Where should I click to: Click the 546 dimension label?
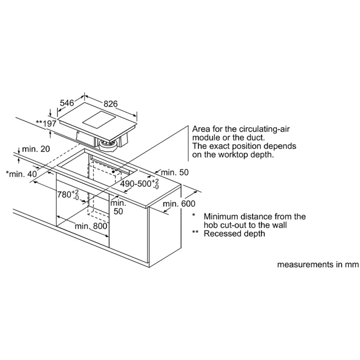67,103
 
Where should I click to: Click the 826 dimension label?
110,104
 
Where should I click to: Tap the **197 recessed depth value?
46,124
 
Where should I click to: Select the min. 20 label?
36,149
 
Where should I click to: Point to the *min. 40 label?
21,174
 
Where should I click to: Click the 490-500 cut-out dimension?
140,184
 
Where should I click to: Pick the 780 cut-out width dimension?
68,195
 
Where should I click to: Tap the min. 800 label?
91,226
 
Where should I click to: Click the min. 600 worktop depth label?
179,204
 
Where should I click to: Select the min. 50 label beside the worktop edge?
175,172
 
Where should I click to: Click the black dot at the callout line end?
113,171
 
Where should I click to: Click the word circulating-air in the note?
264,129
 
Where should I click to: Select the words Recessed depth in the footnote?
234,234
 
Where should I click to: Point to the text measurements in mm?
318,265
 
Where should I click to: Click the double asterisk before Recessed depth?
195,233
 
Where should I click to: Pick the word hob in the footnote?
211,225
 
